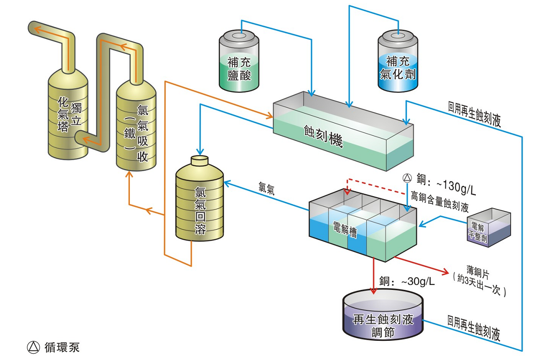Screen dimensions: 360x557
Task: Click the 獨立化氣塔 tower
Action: [x=68, y=112]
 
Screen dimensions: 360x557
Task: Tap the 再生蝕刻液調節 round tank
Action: [x=382, y=319]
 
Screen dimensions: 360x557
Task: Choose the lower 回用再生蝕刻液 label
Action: [x=474, y=327]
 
